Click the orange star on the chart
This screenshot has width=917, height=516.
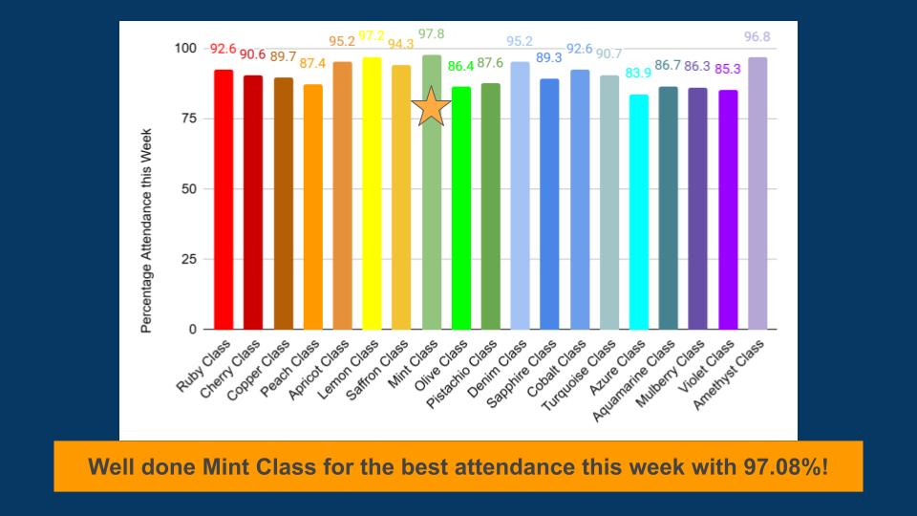pos(432,106)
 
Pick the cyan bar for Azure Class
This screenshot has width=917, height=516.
pos(638,211)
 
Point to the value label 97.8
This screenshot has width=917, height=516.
pos(432,34)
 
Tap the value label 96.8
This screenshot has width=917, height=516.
pos(757,37)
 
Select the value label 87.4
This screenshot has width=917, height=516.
pos(312,63)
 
